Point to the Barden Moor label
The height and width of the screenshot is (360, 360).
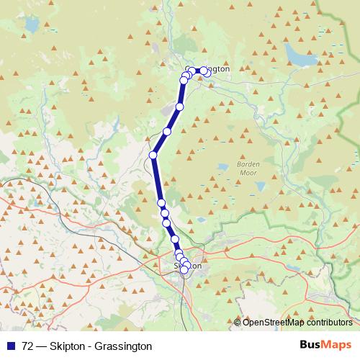(x=248, y=168)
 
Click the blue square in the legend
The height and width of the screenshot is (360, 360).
(x=12, y=346)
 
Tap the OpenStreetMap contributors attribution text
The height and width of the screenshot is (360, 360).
(x=297, y=323)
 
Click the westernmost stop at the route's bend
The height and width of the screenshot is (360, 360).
(x=153, y=155)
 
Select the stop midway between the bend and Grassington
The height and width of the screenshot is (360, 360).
(x=167, y=131)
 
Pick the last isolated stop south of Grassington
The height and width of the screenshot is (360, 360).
(x=179, y=107)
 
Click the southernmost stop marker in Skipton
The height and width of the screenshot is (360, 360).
(x=184, y=270)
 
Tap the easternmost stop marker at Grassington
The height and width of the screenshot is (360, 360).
(x=207, y=72)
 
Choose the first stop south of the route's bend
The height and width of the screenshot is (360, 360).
(x=161, y=203)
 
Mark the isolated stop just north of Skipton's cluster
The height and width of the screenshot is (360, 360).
(x=174, y=239)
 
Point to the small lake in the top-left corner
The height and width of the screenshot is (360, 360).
(x=31, y=25)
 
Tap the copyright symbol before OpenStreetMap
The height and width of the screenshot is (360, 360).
(x=238, y=323)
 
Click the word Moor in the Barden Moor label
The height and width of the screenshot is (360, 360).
(x=248, y=173)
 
